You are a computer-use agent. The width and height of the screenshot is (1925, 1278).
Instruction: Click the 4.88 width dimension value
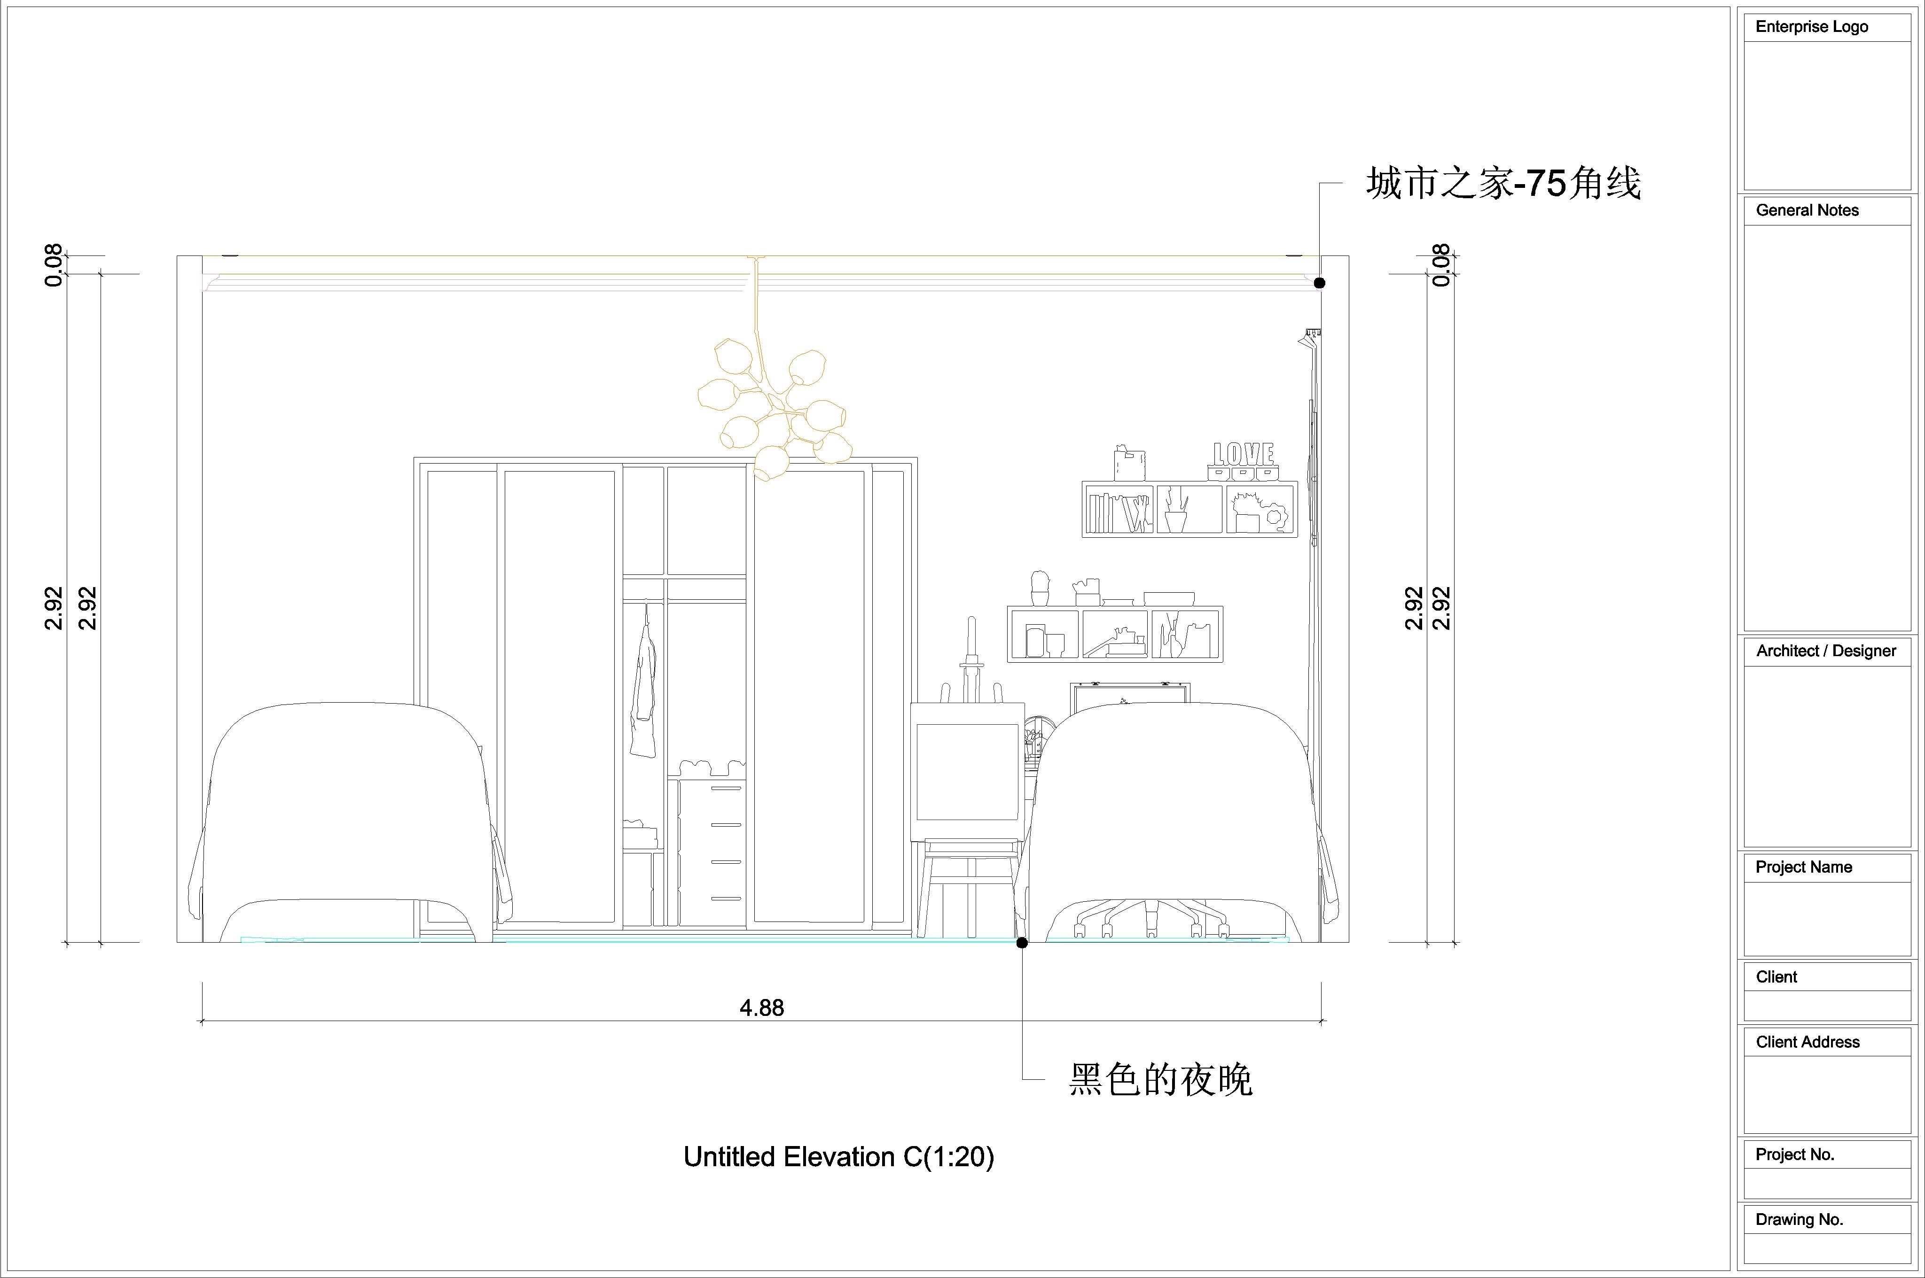point(761,1008)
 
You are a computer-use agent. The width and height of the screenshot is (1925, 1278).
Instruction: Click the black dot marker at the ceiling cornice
point(1319,283)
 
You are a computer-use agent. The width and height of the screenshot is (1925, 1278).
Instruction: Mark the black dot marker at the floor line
point(1022,942)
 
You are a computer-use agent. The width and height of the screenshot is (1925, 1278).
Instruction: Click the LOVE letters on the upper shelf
point(1244,455)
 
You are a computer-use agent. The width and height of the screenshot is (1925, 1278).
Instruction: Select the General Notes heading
point(1807,210)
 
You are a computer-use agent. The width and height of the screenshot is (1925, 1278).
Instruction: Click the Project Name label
point(1804,867)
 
